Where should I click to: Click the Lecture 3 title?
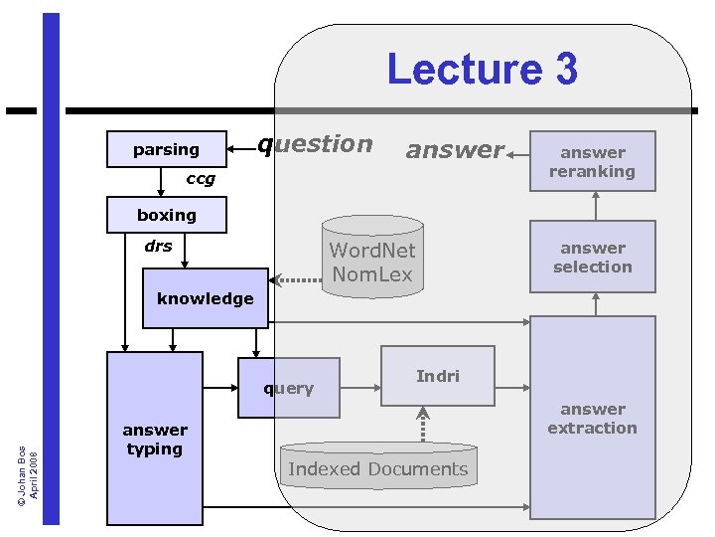coord(482,70)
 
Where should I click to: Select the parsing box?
coord(166,149)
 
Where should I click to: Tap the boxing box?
coord(167,215)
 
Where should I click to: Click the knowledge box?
coord(206,298)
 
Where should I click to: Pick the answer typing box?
coord(155,439)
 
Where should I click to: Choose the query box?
coord(289,388)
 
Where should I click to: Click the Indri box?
coord(438,376)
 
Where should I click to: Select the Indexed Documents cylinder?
coord(378,467)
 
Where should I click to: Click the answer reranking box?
coord(593,161)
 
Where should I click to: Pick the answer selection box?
coord(593,258)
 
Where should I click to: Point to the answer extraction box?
coord(593,418)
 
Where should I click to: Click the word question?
coord(316,144)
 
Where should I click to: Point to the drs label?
coord(158,246)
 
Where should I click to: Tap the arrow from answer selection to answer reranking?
coord(596,206)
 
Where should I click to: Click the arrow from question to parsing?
coord(241,149)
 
